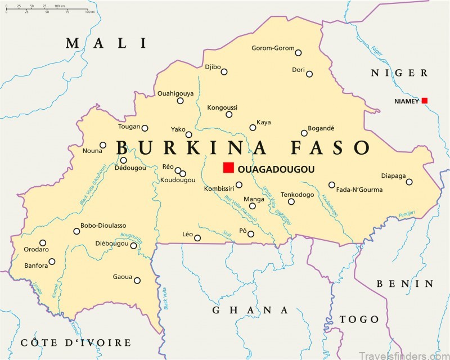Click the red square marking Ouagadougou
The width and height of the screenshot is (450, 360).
tap(228, 168)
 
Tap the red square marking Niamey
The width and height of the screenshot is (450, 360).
tap(425, 101)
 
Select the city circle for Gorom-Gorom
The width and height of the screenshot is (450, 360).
tap(298, 53)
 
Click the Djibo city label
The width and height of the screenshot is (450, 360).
tap(212, 66)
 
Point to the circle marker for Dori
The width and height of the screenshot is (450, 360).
tap(309, 74)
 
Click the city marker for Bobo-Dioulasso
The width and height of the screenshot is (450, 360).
tap(76, 231)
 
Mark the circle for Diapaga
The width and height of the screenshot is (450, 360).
tap(409, 182)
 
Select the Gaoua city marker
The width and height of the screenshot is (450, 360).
tap(137, 280)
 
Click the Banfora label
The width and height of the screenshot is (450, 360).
tap(36, 265)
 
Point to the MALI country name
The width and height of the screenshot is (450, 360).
tap(106, 43)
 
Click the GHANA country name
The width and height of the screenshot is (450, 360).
tap(250, 310)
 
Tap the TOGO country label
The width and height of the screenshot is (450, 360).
tap(359, 319)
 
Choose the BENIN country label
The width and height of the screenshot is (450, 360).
tap(404, 283)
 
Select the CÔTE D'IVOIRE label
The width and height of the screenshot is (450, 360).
tap(75, 343)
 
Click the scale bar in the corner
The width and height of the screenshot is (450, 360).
tap(45, 10)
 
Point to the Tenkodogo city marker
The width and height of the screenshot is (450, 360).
tap(291, 201)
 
